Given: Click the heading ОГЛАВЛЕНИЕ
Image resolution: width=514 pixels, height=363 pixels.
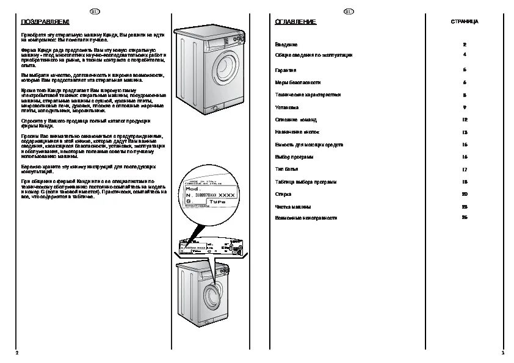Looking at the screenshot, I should coord(295,22).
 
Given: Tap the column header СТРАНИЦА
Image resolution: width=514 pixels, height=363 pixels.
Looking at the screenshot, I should coord(465,22).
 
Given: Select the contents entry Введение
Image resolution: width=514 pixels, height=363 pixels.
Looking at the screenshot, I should coord(286,45).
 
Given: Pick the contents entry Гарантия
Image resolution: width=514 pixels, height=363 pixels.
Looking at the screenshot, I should coord(286,70).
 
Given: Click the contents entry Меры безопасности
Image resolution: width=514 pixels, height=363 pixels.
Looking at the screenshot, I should coord(298,82).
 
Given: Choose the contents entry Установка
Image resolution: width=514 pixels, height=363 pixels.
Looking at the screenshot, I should coord(288,107).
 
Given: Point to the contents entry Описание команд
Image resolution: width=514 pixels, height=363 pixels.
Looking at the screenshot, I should coord(295,120).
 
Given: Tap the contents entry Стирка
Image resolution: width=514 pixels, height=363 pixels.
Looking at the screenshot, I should coord(283,194).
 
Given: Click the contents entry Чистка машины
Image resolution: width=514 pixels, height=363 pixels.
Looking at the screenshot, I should coord(293,207).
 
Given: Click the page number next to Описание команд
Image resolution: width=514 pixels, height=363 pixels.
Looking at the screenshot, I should coord(465,120).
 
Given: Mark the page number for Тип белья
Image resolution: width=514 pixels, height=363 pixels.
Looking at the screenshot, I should coord(465,169).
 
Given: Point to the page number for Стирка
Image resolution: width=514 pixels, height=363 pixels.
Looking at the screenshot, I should coord(465,194).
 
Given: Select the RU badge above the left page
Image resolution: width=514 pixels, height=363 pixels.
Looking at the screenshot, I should coord(95,11).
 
